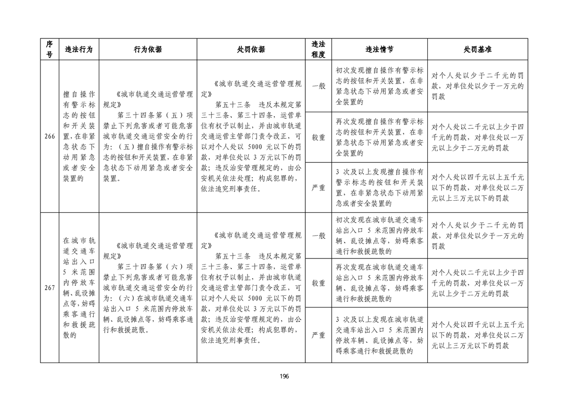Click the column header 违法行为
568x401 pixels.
78,50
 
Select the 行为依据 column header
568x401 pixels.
148,50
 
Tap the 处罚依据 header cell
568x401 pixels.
251,50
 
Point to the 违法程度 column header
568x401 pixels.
318,50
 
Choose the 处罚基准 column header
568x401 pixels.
477,50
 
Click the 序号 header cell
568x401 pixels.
49,50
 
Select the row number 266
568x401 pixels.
49,137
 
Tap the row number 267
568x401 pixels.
49,288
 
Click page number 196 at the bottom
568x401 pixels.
284,376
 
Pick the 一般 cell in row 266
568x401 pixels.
318,86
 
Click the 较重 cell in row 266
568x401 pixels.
318,137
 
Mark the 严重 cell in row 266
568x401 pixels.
318,188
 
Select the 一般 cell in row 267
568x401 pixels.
318,236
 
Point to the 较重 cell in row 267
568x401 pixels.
318,283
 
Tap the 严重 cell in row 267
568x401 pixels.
318,335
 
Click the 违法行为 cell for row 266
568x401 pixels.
78,137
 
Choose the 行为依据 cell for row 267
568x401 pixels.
148,288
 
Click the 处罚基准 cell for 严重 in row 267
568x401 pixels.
477,335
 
